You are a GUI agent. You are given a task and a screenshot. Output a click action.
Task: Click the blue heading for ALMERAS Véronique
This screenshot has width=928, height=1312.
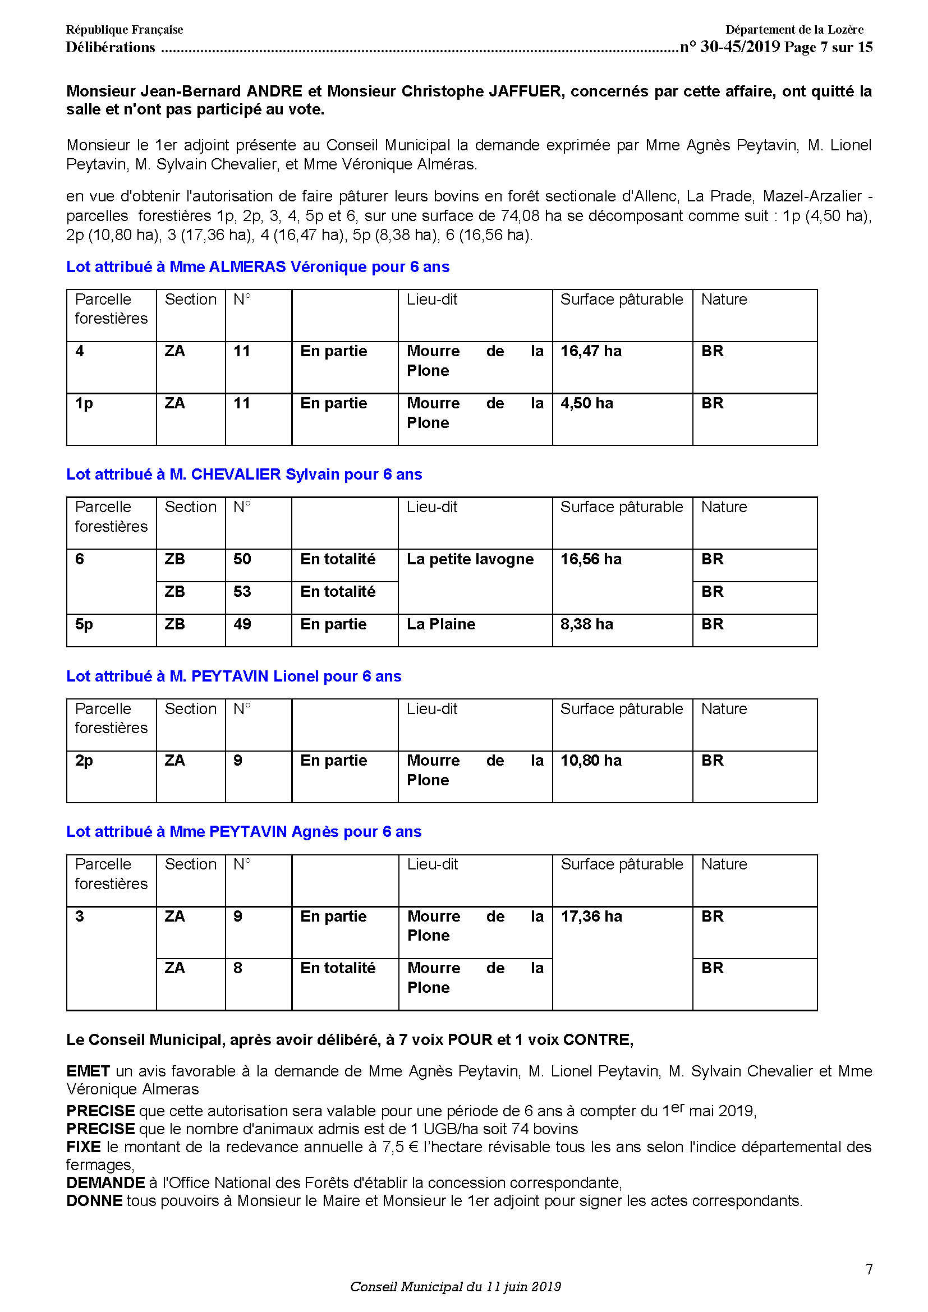click(258, 267)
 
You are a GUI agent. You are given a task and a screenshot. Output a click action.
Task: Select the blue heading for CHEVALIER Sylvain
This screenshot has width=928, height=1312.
click(244, 475)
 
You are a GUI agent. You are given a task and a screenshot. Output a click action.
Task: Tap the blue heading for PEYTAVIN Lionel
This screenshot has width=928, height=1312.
click(234, 676)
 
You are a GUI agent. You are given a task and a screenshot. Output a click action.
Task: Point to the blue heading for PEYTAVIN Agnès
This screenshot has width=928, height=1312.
click(244, 832)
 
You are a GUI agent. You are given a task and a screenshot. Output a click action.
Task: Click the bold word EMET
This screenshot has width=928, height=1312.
click(88, 1071)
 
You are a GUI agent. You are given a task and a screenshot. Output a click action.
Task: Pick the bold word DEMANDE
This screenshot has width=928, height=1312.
click(105, 1183)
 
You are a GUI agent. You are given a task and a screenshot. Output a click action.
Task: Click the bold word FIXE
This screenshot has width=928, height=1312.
click(84, 1147)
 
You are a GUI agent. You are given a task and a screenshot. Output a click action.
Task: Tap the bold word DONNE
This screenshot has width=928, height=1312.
click(94, 1201)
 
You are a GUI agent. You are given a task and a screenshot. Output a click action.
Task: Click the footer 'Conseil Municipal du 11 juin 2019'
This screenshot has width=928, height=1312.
click(456, 1287)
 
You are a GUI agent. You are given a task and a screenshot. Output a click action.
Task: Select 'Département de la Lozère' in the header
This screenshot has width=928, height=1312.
click(794, 30)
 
